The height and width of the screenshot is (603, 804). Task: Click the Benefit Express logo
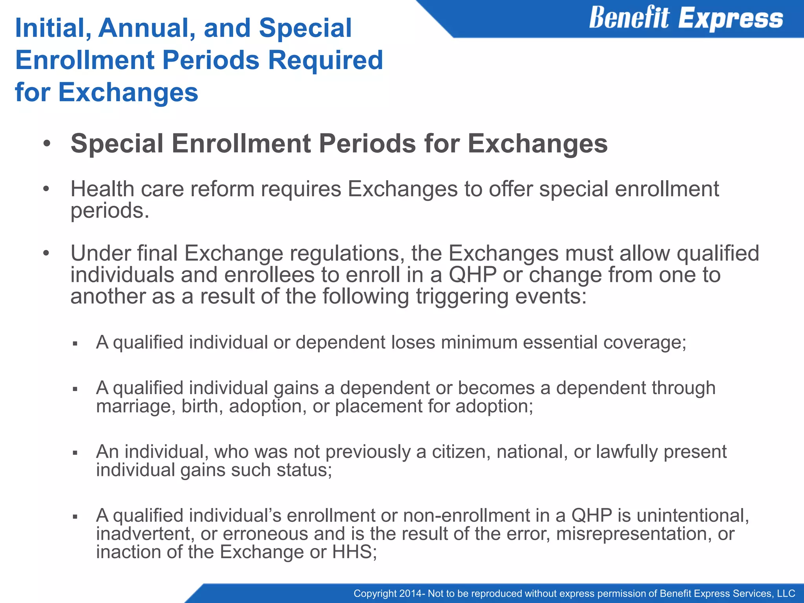(685, 18)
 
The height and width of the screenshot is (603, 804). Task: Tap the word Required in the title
(325, 60)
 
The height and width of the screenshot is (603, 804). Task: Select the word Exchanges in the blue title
(128, 93)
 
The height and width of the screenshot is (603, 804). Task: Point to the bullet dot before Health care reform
(46, 189)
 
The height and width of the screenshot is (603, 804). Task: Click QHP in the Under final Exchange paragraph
(472, 275)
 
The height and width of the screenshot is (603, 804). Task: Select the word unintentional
(693, 516)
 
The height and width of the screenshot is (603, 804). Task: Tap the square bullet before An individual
(75, 453)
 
